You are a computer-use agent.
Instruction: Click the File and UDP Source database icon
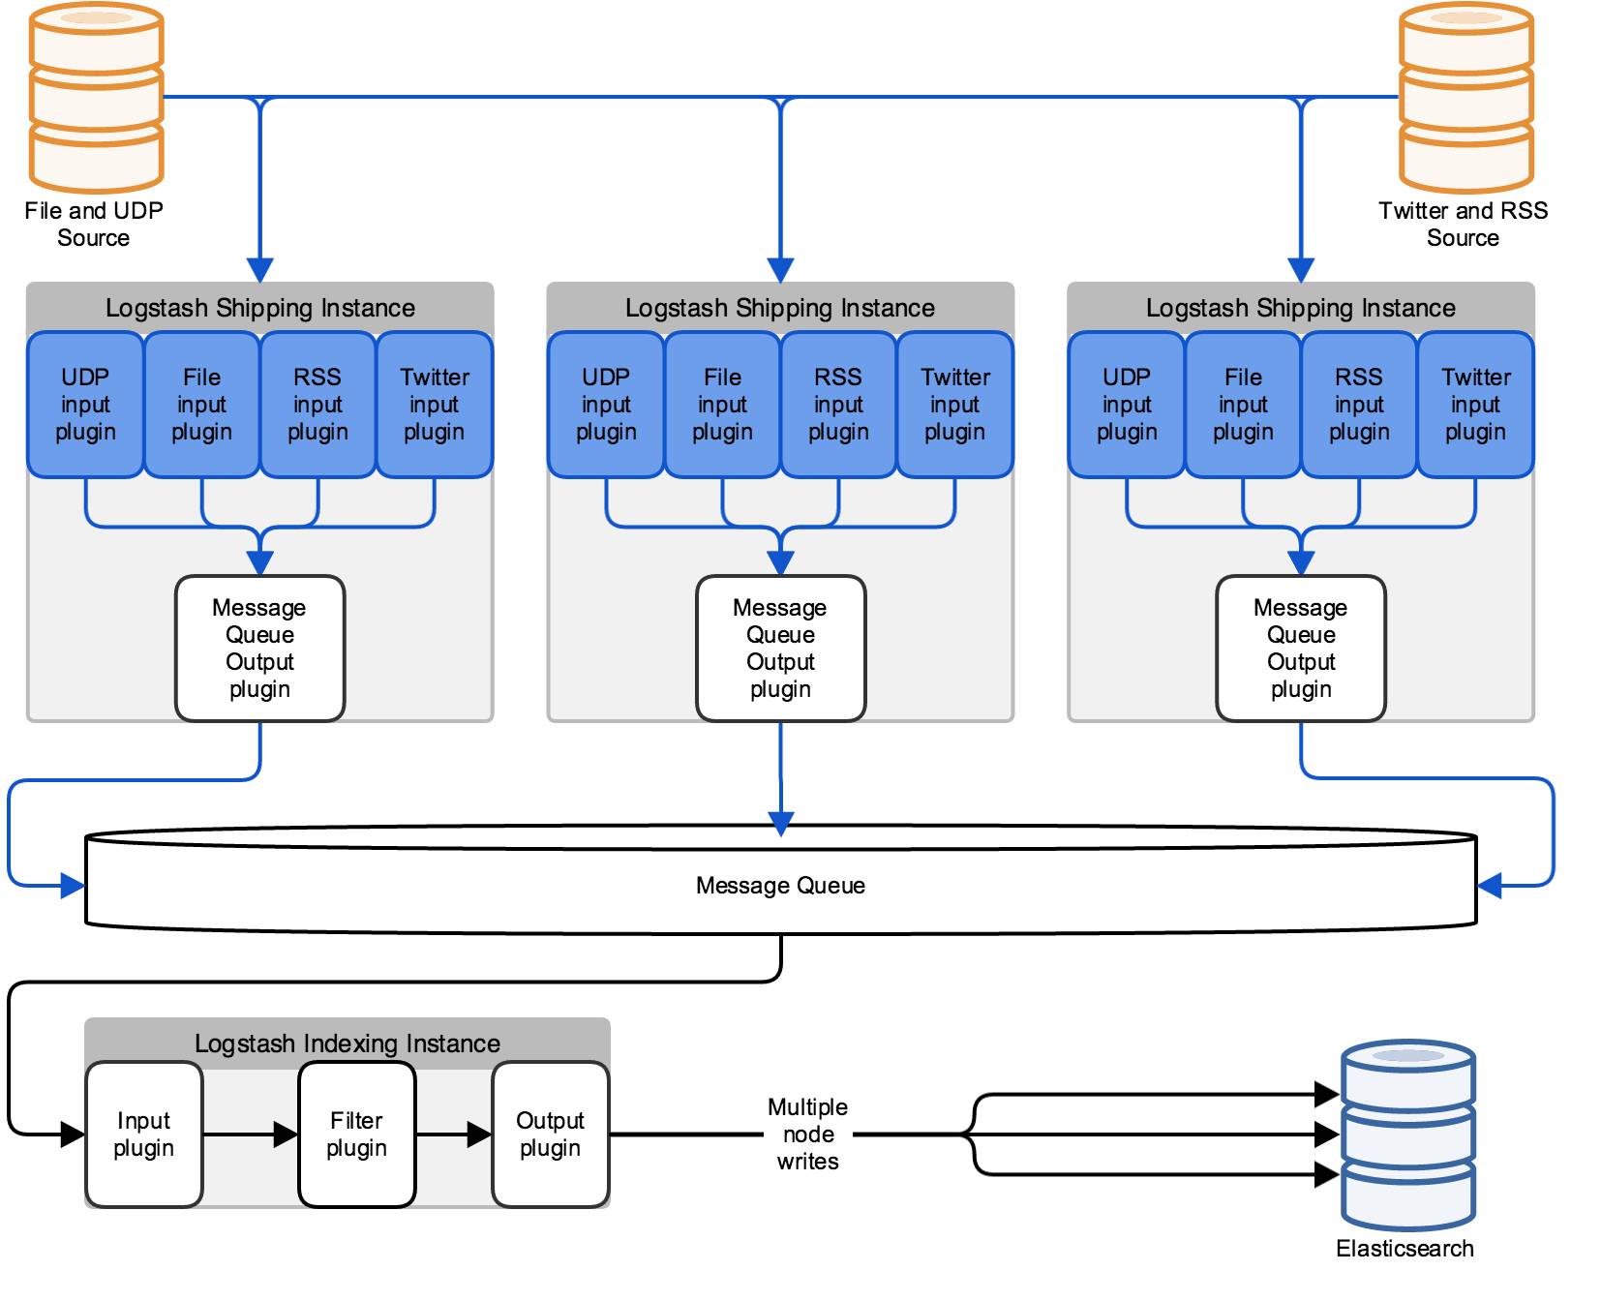[96, 98]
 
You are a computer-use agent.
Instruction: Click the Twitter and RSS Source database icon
[1465, 98]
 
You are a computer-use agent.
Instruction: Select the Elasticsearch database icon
[1407, 1135]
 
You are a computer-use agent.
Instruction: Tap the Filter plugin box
[357, 1135]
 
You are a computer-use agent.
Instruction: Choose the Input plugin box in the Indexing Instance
[144, 1135]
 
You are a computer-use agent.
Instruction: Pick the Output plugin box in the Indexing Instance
[551, 1135]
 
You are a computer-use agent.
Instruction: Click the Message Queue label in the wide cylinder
[780, 886]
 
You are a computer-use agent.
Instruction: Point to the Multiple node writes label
[808, 1135]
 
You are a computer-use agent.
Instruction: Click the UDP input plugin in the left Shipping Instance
[85, 405]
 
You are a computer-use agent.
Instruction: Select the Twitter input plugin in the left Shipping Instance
[435, 405]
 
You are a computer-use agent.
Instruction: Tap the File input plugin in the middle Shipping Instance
[722, 405]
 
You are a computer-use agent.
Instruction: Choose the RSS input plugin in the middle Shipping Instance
[838, 405]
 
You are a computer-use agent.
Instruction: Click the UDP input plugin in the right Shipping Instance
[1127, 405]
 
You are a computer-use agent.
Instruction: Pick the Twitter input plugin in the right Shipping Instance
[1476, 405]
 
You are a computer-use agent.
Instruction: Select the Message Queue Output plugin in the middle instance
[781, 649]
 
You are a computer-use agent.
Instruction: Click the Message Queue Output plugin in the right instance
[1301, 649]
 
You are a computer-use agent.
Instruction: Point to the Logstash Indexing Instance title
[347, 1044]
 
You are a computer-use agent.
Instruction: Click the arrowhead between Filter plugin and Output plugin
[479, 1135]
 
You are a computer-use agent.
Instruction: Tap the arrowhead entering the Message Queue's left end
[73, 886]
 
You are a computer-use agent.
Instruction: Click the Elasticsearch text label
[1405, 1249]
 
